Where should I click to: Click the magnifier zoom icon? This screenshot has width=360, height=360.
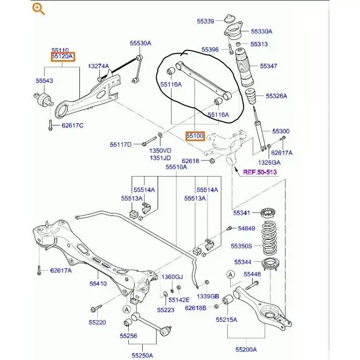(x=38, y=9)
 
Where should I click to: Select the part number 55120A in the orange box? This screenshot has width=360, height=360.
(x=63, y=56)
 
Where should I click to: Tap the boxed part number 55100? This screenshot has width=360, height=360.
(x=195, y=136)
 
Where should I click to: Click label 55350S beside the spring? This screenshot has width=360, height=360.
(x=241, y=246)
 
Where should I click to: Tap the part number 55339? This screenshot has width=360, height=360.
(x=205, y=21)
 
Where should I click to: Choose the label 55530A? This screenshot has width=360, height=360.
(x=140, y=43)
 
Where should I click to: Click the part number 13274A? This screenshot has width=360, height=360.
(x=99, y=66)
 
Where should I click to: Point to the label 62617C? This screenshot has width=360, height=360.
(x=72, y=126)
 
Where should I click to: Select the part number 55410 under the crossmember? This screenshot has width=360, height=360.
(x=98, y=283)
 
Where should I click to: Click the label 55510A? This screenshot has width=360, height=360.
(x=176, y=167)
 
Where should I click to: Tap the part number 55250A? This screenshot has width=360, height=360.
(x=143, y=355)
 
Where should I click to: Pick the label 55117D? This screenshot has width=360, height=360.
(x=121, y=144)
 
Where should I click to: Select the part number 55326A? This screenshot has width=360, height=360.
(x=276, y=96)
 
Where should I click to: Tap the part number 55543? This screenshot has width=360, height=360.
(x=45, y=80)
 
